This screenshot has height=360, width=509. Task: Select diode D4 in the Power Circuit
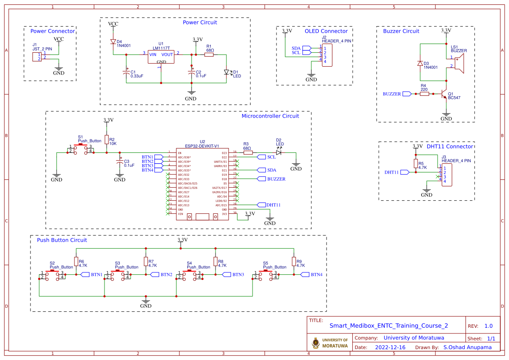(113, 42)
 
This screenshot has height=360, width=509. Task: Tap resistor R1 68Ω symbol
(209, 54)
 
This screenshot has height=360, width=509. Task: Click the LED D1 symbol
(226, 72)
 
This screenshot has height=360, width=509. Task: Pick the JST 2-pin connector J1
(37, 57)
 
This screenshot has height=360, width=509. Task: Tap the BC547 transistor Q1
(444, 94)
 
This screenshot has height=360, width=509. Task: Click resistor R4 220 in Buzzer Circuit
(425, 94)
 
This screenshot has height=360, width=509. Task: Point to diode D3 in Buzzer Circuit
(420, 64)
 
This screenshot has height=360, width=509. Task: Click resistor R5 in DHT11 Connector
(416, 163)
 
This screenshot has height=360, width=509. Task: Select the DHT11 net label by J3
(392, 172)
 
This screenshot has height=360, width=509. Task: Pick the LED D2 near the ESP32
(279, 153)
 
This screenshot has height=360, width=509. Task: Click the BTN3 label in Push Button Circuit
(238, 275)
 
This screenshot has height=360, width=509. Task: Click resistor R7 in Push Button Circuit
(145, 261)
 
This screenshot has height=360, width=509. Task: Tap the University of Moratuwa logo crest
(316, 343)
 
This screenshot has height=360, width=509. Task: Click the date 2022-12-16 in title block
(390, 347)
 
